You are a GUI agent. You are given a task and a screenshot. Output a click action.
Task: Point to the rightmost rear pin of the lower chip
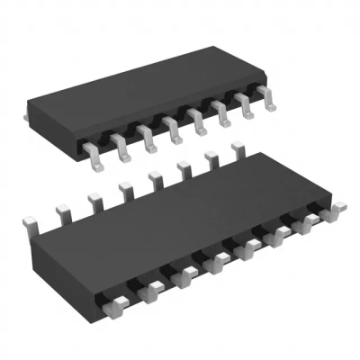tap(239, 148)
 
